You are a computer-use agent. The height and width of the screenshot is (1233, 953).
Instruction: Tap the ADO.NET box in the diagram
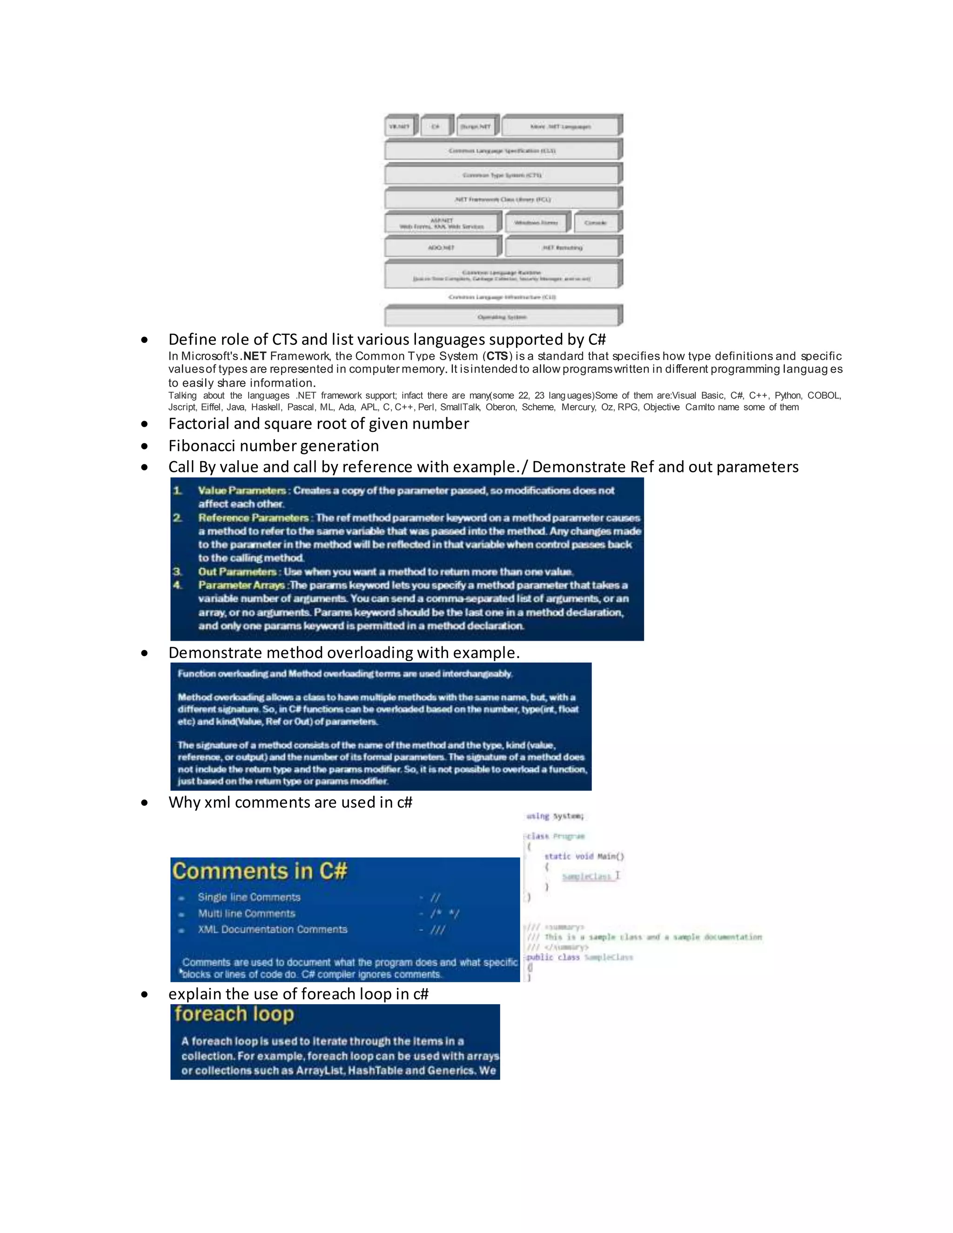pos(441,247)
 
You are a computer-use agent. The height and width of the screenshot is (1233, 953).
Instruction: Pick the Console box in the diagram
pos(596,223)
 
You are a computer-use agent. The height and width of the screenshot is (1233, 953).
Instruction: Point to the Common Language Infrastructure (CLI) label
pos(502,297)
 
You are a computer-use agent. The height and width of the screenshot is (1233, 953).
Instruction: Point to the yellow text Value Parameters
pos(242,490)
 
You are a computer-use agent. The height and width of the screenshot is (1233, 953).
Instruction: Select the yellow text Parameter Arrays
pos(241,585)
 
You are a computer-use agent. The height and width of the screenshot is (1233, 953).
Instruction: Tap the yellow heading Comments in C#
pos(260,871)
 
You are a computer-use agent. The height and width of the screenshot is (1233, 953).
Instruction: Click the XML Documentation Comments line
pos(273,929)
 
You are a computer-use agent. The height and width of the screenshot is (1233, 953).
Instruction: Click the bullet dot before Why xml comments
pos(145,803)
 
